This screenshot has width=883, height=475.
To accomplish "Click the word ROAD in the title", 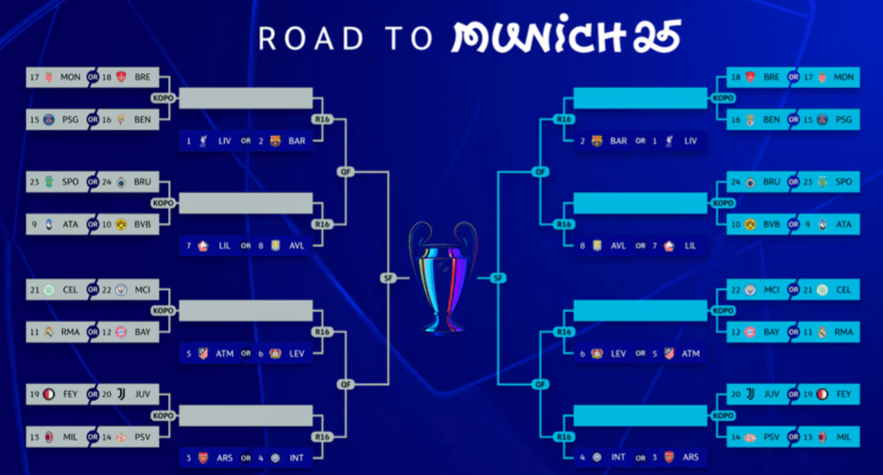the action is pos(311,38).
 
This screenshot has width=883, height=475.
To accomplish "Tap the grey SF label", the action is pos(388,278).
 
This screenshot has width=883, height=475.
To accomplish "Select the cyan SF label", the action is pos(498,278).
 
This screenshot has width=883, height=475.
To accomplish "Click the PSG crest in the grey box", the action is pos(49,119).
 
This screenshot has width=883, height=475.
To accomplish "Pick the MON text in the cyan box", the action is pos(844,77).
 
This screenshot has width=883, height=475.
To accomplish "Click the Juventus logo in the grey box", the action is pos(121,394).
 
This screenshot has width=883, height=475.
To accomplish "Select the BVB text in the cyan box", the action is pos(771,224).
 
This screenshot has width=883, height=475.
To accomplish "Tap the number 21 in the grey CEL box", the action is pos(35,290).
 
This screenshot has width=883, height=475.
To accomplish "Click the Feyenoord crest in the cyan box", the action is pos(822,394).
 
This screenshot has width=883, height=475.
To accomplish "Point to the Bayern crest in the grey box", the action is pos(121,332).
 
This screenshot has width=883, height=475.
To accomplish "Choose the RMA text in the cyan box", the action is pos(844,332).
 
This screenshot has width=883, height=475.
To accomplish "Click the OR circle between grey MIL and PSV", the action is pos(92,437).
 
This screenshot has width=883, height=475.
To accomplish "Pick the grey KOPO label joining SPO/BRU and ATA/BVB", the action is pos(163,203).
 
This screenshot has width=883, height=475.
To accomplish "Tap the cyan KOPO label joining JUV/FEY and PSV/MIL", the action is pos(723,416).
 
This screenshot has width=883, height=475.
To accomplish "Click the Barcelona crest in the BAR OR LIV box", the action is pos(597,140).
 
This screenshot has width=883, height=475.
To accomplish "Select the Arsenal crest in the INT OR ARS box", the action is pos(670,458).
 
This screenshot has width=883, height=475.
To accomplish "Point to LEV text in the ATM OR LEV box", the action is pos(297,353).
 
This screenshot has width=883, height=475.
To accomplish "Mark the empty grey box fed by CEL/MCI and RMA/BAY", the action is pos(246,311).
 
